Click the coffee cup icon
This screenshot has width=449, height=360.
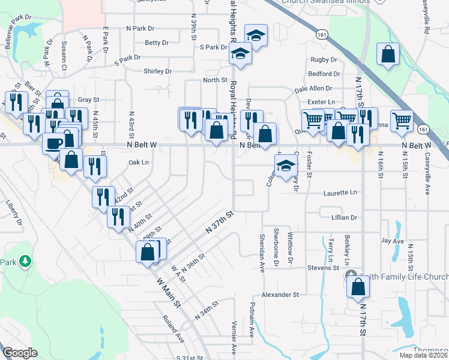click(x=55, y=143)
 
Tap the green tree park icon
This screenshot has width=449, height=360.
click(x=25, y=262)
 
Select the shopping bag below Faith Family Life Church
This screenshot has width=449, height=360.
click(x=358, y=286)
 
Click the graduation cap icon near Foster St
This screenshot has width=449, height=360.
click(x=286, y=166)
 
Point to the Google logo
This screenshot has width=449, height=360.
click(x=20, y=353)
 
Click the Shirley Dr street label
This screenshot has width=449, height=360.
click(x=158, y=71)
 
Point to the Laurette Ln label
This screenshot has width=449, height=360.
click(x=340, y=193)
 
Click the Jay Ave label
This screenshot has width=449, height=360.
click(x=392, y=241)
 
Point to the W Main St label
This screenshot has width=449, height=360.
click(x=168, y=293)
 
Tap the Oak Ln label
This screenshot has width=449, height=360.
click(x=137, y=163)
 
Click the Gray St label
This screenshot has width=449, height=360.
click(x=88, y=100)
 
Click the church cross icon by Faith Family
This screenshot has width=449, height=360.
click(x=351, y=276)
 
